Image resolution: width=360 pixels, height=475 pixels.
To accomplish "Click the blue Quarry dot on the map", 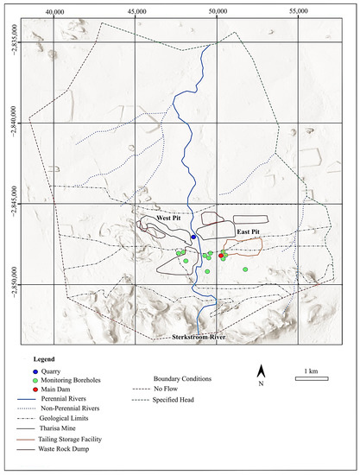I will click(x=193, y=236).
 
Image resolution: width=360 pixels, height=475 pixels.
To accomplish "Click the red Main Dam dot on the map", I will click(x=221, y=256).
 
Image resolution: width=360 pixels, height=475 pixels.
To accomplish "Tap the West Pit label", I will click(x=169, y=218).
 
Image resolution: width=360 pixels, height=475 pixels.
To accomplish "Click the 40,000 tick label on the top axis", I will click(x=54, y=11).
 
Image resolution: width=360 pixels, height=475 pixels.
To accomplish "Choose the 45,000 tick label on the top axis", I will click(x=136, y=11).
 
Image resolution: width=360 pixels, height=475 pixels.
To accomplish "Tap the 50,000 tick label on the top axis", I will click(x=218, y=11).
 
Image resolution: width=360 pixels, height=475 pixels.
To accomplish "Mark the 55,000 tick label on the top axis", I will click(x=300, y=11).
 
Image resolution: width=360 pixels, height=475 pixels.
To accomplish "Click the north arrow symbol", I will click(x=261, y=372).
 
